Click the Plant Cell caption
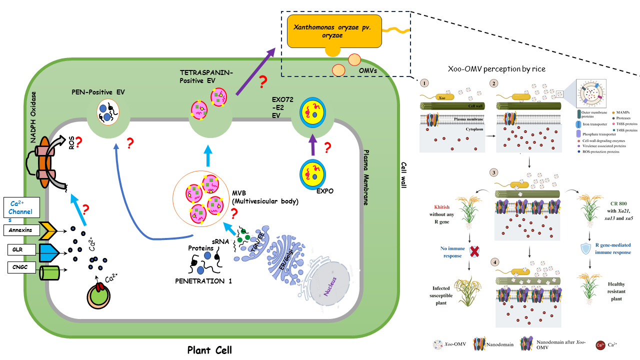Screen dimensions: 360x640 point(209,349)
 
